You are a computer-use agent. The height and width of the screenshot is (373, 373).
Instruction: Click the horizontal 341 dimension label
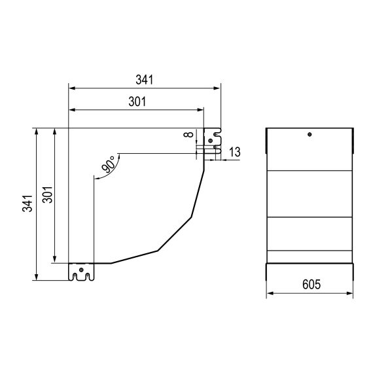(145, 80)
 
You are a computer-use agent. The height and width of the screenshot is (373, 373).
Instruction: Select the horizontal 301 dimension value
(137, 101)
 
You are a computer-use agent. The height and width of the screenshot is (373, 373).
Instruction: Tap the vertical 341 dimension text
(27, 203)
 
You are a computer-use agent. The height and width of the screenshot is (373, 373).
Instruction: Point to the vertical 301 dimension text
(47, 195)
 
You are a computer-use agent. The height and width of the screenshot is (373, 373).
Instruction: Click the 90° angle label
(109, 164)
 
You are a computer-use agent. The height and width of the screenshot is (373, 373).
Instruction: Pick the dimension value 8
(188, 135)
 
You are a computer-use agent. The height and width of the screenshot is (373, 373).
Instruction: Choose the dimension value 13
(235, 152)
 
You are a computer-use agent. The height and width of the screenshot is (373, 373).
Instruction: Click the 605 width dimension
(311, 284)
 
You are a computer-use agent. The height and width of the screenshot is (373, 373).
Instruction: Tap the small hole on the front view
(310, 134)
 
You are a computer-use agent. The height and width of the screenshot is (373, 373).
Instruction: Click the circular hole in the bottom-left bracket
(81, 270)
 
